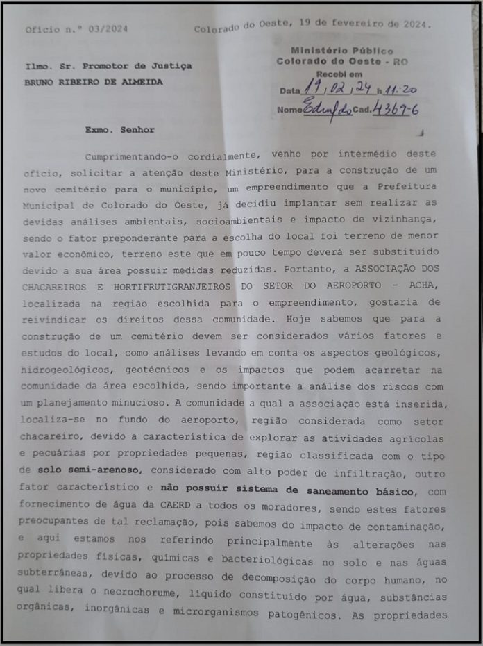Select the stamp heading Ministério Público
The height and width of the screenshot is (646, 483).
point(341,51)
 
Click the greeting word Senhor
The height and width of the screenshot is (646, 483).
point(137,130)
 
